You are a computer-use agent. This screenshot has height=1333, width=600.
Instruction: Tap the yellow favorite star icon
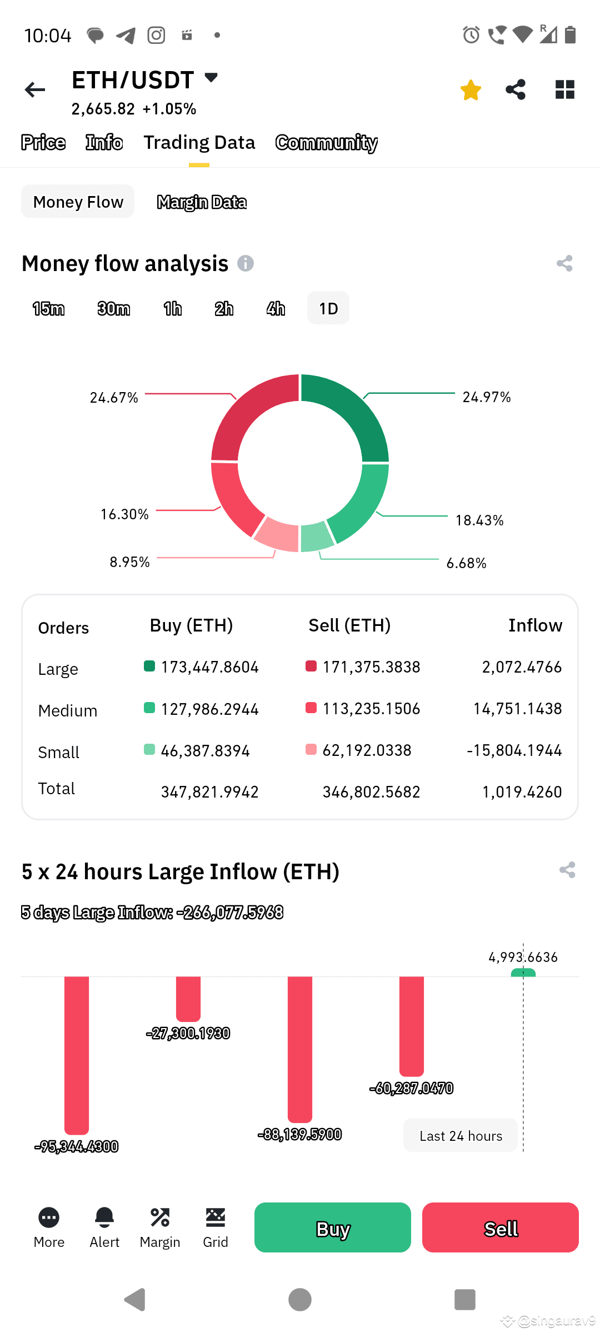tap(471, 90)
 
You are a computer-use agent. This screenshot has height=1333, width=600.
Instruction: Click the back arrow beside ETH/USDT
tap(35, 90)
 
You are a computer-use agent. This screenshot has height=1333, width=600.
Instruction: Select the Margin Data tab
tap(202, 202)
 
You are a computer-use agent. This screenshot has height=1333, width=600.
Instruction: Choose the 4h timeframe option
tap(276, 309)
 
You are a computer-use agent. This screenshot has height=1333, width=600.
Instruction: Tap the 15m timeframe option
tap(49, 309)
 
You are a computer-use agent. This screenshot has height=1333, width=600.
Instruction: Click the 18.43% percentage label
tap(479, 520)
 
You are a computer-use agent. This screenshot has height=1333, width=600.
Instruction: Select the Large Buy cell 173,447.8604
tap(209, 667)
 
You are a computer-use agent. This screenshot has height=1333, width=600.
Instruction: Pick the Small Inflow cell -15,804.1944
tap(514, 750)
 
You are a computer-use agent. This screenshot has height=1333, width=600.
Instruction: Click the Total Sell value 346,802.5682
tap(371, 792)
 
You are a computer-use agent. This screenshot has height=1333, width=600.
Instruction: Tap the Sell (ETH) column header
tap(349, 626)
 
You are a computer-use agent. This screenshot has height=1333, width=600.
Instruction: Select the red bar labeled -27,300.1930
tap(188, 998)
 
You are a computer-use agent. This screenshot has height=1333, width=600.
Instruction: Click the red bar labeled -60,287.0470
tap(412, 1025)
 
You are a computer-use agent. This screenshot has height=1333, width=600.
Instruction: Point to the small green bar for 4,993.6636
tap(523, 973)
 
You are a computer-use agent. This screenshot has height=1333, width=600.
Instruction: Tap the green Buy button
tap(333, 1227)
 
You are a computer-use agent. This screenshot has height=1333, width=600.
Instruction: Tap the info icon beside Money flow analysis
tap(246, 263)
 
